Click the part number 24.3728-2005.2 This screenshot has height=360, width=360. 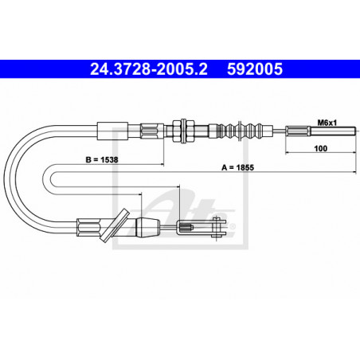click(x=139, y=70)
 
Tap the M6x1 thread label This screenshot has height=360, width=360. click(x=327, y=122)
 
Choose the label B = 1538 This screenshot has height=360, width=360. click(x=101, y=159)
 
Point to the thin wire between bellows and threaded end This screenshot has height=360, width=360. click(x=275, y=130)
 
